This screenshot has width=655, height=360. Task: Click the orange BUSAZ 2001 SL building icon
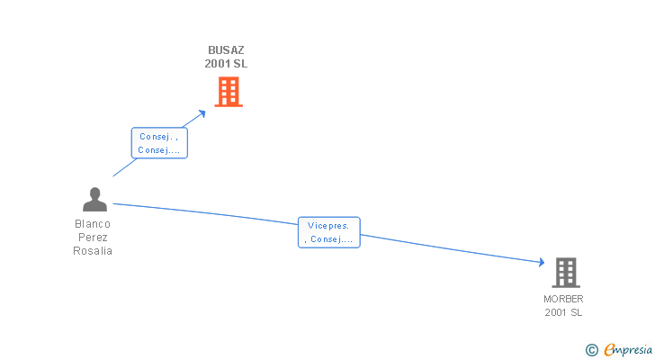pyautogui.click(x=229, y=92)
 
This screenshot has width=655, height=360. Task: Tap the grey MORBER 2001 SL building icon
pyautogui.click(x=565, y=272)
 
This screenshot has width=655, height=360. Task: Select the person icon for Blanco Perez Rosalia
pyautogui.click(x=94, y=200)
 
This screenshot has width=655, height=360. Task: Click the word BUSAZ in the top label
pyautogui.click(x=226, y=50)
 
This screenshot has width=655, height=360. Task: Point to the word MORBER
pyautogui.click(x=563, y=299)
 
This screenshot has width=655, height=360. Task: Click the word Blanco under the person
pyautogui.click(x=93, y=224)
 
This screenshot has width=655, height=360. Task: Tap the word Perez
pyautogui.click(x=93, y=238)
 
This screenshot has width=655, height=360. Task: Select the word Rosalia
pyautogui.click(x=93, y=251)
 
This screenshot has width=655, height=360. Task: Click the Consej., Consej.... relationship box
pyautogui.click(x=159, y=144)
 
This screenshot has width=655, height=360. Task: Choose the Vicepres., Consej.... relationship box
pyautogui.click(x=328, y=232)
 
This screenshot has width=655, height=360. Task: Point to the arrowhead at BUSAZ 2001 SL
pyautogui.click(x=202, y=112)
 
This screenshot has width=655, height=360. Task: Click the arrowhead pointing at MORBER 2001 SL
pyautogui.click(x=542, y=262)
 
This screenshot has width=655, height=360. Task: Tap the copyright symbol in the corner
pyautogui.click(x=591, y=349)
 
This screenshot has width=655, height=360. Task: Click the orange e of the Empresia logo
pyautogui.click(x=609, y=349)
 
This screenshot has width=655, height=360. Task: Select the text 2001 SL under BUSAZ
pyautogui.click(x=226, y=64)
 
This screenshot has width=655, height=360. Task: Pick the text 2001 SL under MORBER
pyautogui.click(x=563, y=312)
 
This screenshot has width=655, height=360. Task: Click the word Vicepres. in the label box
pyautogui.click(x=327, y=225)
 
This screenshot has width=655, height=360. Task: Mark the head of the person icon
pyautogui.click(x=94, y=193)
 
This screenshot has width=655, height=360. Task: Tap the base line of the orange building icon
pyautogui.click(x=229, y=105)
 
